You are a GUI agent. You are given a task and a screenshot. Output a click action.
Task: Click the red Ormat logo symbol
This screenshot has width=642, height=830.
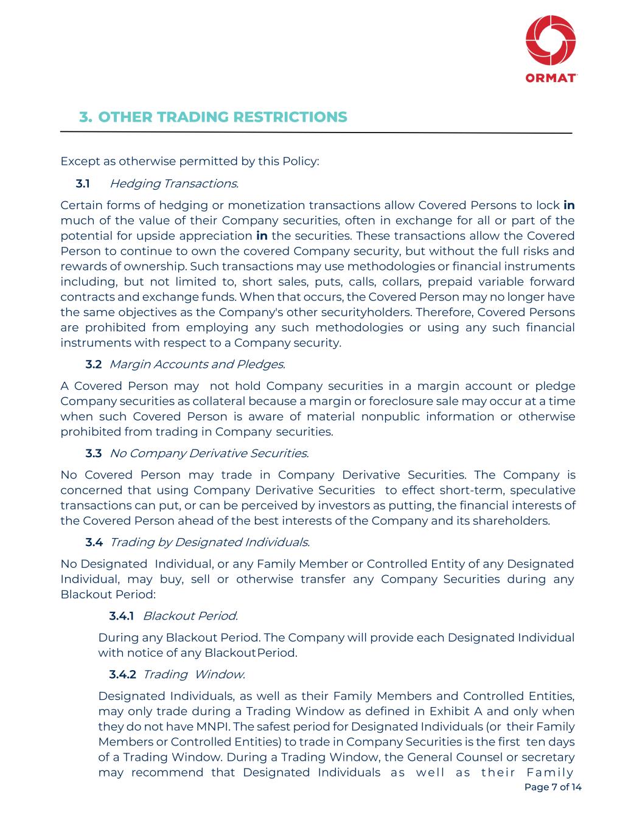551,40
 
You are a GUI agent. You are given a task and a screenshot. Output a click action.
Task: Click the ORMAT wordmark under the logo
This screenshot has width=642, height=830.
551,78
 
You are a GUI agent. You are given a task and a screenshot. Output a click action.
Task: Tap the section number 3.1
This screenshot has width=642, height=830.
83,183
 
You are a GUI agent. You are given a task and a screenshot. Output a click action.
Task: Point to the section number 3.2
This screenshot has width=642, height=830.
94,364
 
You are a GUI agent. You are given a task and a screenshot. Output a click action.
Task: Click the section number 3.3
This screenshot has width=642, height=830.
94,453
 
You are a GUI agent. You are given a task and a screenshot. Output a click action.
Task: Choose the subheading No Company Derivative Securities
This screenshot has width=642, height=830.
209,453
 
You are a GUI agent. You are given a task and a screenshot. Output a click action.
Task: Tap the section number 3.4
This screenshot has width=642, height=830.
94,542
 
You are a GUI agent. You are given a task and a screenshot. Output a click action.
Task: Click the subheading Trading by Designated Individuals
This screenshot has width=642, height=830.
209,542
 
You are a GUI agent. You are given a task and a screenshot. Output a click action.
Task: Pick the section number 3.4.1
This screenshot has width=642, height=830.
122,616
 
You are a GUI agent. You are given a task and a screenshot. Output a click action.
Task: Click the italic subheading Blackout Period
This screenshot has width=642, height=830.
190,616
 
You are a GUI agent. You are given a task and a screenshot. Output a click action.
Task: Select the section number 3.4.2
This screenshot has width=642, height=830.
122,674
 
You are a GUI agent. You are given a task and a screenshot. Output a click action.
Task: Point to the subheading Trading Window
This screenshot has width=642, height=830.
194,674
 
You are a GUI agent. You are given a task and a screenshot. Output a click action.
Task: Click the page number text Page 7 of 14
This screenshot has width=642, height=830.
553,787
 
